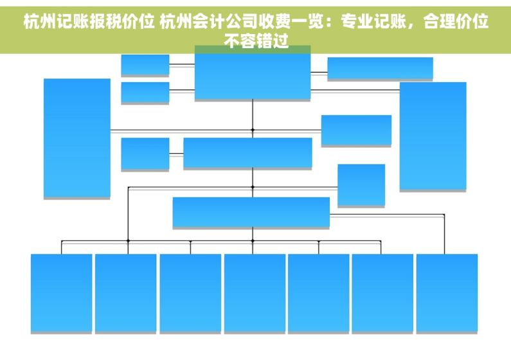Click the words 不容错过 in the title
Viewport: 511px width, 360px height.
coord(256,41)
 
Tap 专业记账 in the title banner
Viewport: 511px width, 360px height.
coord(373,21)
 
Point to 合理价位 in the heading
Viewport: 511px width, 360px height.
coord(456,21)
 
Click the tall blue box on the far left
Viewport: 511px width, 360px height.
coord(77,138)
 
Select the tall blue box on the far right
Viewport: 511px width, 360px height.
coord(433,136)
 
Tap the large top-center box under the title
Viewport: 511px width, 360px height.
coord(253,76)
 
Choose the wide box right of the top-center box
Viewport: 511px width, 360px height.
coord(381,68)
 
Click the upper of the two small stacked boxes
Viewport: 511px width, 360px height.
coord(145,65)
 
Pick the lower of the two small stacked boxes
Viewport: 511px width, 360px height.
coord(145,93)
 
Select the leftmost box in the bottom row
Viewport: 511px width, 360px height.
coord(61,293)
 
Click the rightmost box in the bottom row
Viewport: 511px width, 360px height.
coord(447,293)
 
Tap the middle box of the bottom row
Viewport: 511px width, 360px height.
coord(255,293)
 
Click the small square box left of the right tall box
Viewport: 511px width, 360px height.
coord(361,184)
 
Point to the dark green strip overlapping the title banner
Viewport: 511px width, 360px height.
coord(253,50)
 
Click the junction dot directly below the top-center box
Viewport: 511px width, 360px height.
coord(253,130)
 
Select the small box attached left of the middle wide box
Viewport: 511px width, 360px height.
coord(145,154)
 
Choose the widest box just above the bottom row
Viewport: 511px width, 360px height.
coord(251,212)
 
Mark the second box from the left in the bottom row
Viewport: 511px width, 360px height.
coord(126,293)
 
